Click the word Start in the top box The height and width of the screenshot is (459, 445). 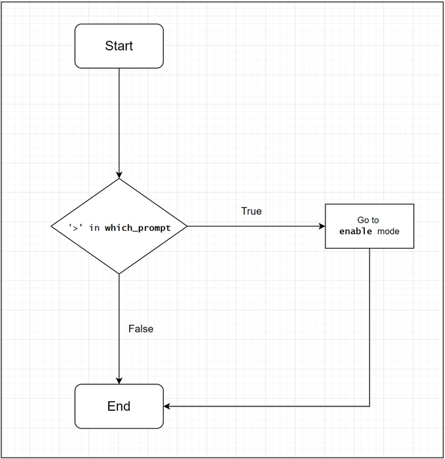[x=119, y=46]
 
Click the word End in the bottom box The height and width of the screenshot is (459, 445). [x=119, y=406]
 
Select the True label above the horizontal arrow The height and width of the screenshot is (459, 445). [x=251, y=211]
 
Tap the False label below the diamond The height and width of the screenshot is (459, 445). [x=141, y=328]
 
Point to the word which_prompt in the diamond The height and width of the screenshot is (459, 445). [x=137, y=227]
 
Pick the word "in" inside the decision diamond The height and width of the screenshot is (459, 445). [x=94, y=227]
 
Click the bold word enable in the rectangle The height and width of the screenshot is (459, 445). [x=356, y=232]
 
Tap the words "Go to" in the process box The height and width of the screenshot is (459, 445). [x=369, y=220]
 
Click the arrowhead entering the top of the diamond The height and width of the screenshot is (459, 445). [x=119, y=175]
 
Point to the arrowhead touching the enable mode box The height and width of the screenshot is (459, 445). [x=321, y=226]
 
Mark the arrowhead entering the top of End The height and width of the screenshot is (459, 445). [x=119, y=381]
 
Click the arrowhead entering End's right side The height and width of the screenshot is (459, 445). [x=168, y=406]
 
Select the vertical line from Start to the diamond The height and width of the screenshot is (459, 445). [x=119, y=118]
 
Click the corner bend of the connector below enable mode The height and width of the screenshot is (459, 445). [x=369, y=406]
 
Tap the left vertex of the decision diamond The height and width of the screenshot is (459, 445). [x=51, y=226]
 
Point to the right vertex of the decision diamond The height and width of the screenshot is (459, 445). [x=187, y=226]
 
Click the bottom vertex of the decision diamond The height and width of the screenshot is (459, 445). [x=119, y=274]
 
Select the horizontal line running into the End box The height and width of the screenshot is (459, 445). [x=267, y=406]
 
